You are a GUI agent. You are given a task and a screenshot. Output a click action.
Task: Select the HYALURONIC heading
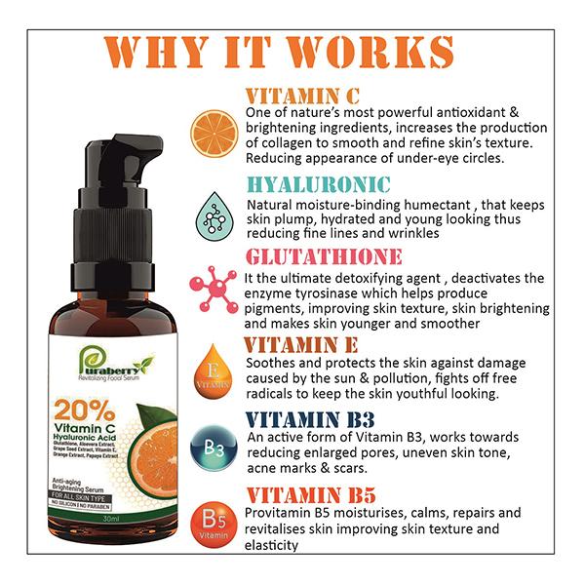point(319,184)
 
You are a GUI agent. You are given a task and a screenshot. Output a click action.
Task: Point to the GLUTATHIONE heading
point(326,256)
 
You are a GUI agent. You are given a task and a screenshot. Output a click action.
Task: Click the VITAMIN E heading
point(301,345)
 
